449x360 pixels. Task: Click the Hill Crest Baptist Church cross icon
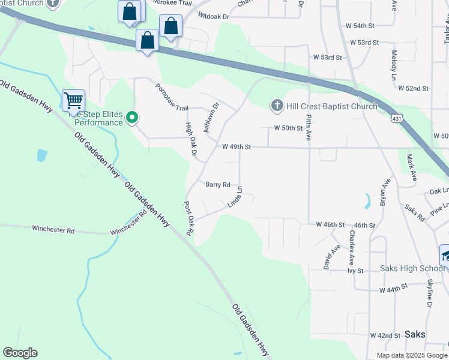[277, 106]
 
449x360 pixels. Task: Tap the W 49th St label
[236, 146]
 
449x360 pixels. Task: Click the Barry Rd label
[218, 185]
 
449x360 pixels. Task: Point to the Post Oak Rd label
[189, 218]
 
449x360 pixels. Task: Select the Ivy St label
[355, 271]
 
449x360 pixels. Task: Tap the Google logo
[20, 353]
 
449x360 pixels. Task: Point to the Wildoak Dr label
[214, 17]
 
